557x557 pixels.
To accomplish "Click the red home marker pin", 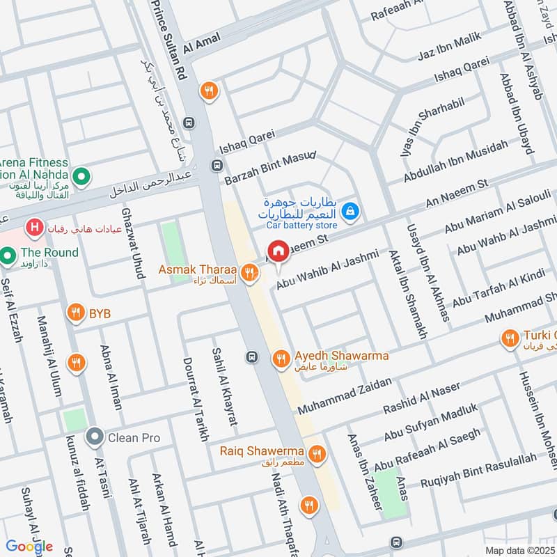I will click(x=278, y=251).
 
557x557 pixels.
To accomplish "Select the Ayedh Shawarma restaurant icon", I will click(x=281, y=359).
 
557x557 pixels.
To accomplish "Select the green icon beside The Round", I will click(x=8, y=256).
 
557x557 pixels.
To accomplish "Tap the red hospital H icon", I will click(x=32, y=227).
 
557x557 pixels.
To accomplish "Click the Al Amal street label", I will click(x=201, y=44).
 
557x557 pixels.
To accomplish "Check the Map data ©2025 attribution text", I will click(x=519, y=550).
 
